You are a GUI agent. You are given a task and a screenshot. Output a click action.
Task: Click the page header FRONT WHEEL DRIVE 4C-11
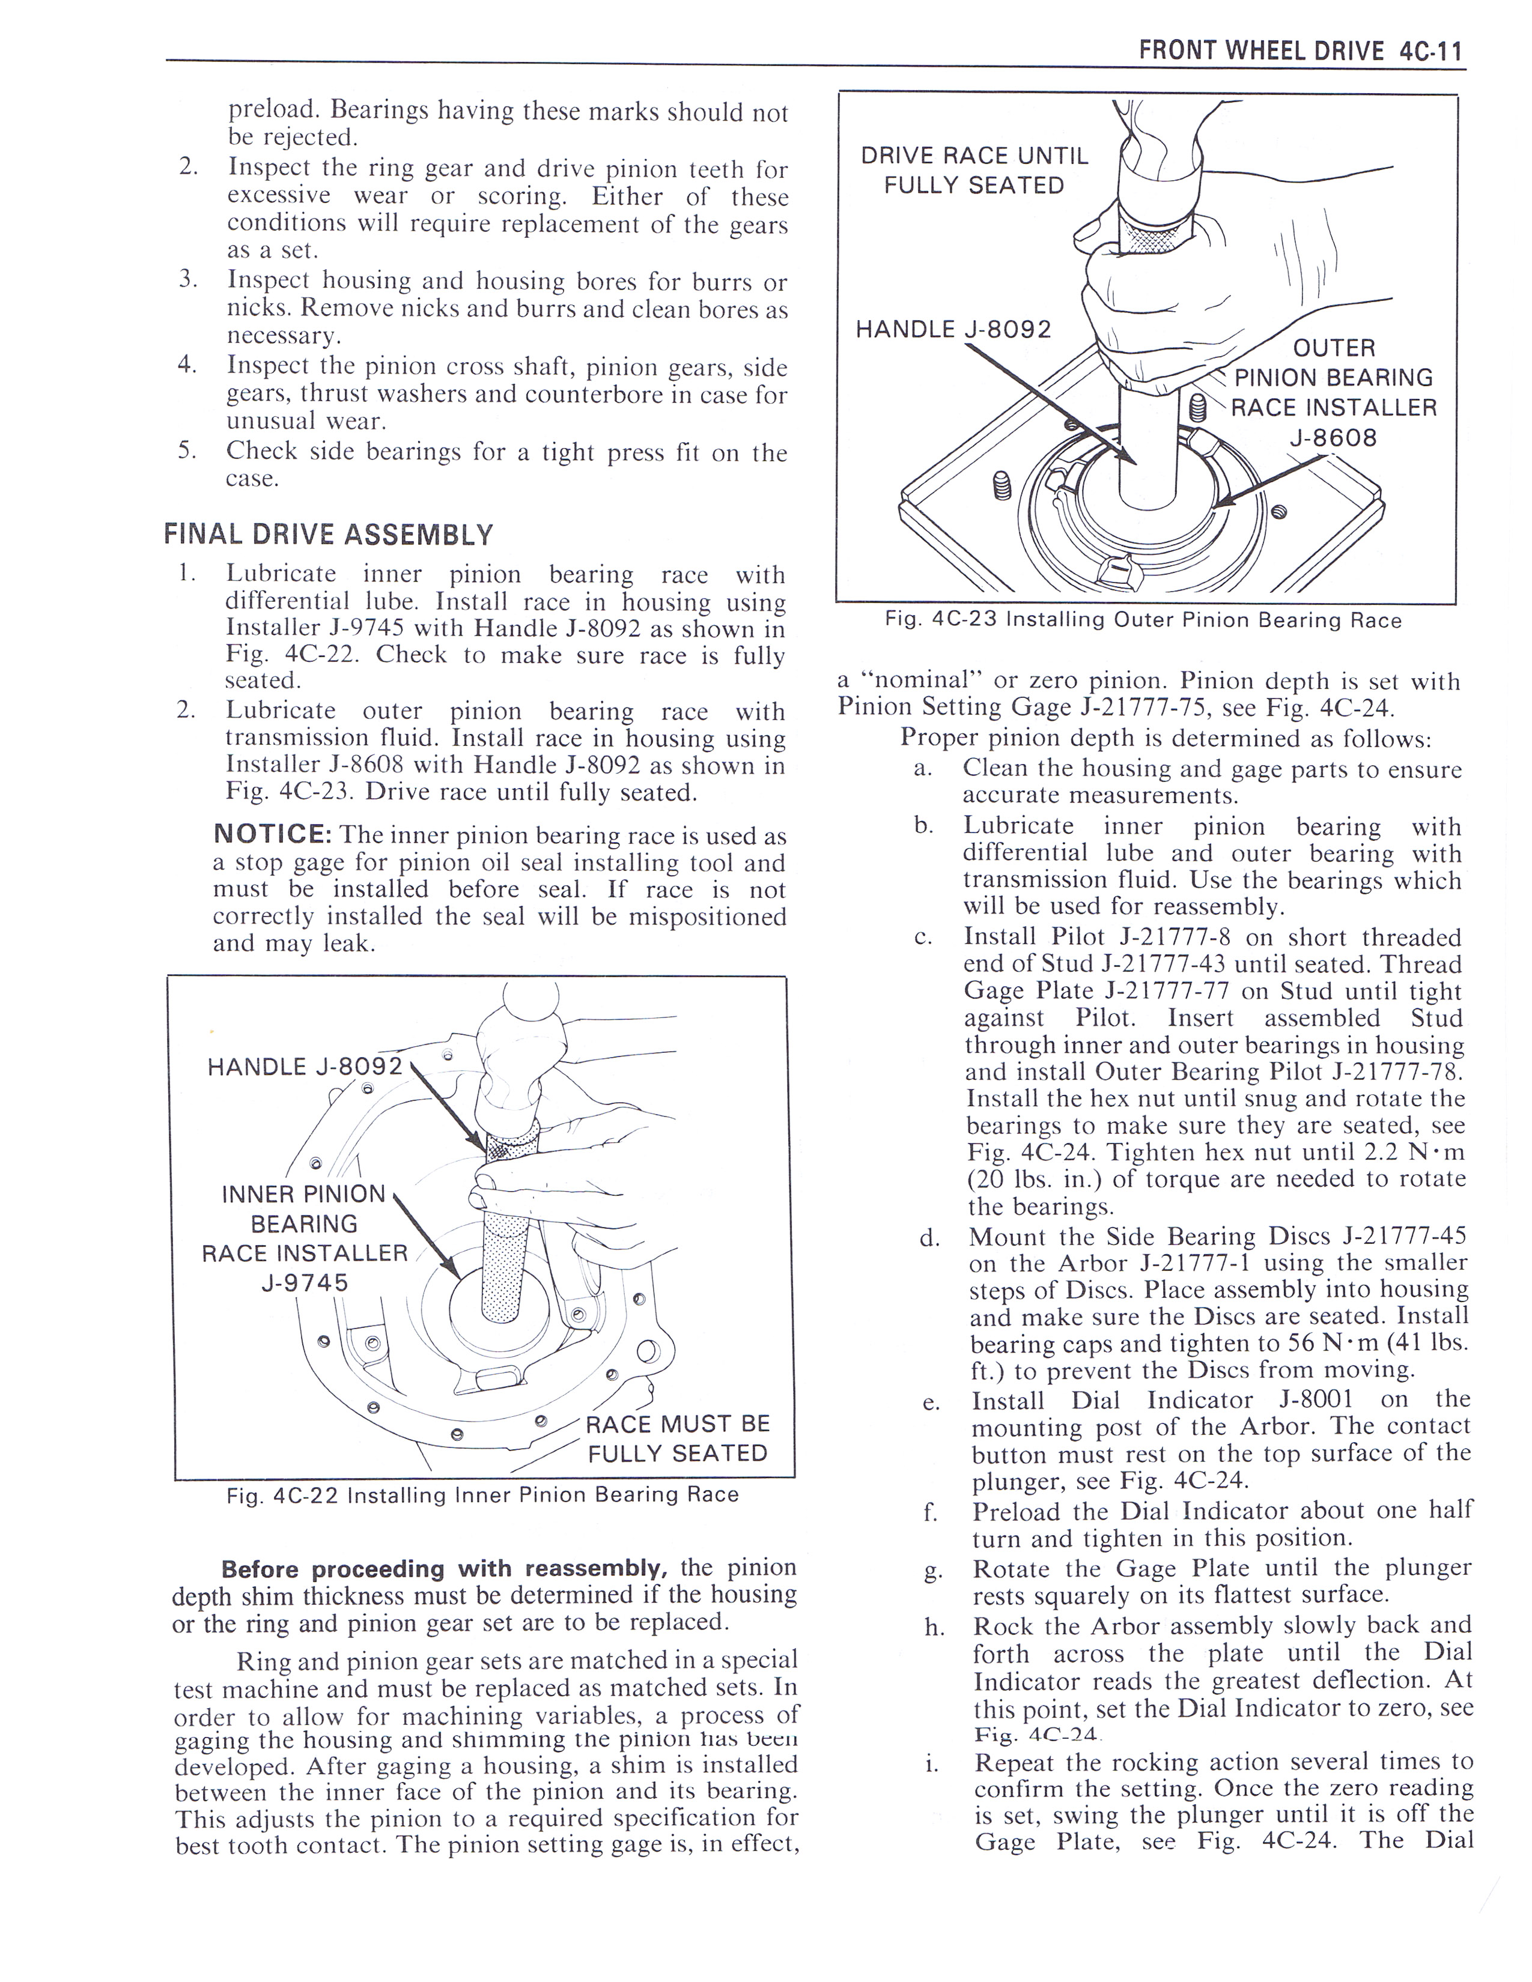click(x=1299, y=51)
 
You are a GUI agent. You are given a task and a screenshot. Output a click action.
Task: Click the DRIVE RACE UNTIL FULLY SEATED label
click(x=974, y=170)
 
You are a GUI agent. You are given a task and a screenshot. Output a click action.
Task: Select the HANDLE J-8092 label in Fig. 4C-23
click(x=953, y=329)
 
